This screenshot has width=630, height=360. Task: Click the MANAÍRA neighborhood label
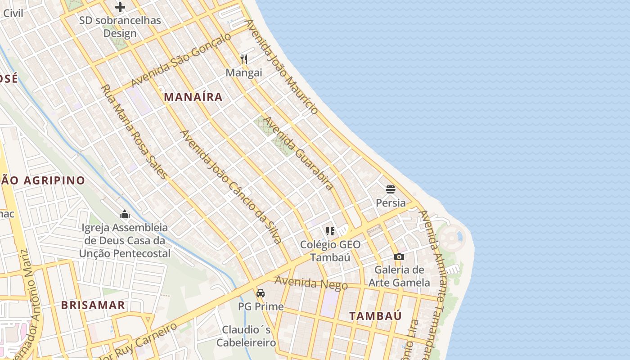tap(193, 97)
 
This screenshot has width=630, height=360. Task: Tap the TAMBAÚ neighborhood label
tap(375, 316)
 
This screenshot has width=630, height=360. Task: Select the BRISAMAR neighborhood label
tap(93, 305)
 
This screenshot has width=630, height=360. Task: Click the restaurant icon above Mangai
tap(244, 59)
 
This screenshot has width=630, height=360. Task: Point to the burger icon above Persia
tap(391, 189)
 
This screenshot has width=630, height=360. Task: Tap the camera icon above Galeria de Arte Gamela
tap(399, 257)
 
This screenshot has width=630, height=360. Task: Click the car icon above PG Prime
tap(261, 294)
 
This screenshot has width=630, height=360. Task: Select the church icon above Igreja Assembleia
tap(125, 214)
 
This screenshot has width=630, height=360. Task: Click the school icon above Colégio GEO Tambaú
tap(330, 231)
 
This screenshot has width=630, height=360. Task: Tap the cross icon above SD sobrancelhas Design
tap(120, 7)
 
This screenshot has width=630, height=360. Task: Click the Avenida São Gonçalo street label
tap(181, 60)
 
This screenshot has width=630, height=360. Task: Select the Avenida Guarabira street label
tap(298, 153)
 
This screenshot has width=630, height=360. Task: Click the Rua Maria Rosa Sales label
tap(134, 131)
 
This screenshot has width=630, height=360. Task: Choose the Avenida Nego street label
tap(311, 283)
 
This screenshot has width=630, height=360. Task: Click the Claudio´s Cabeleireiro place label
tap(246, 336)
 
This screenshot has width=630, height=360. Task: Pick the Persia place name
tap(391, 203)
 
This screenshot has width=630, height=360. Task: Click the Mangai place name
tap(244, 72)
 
